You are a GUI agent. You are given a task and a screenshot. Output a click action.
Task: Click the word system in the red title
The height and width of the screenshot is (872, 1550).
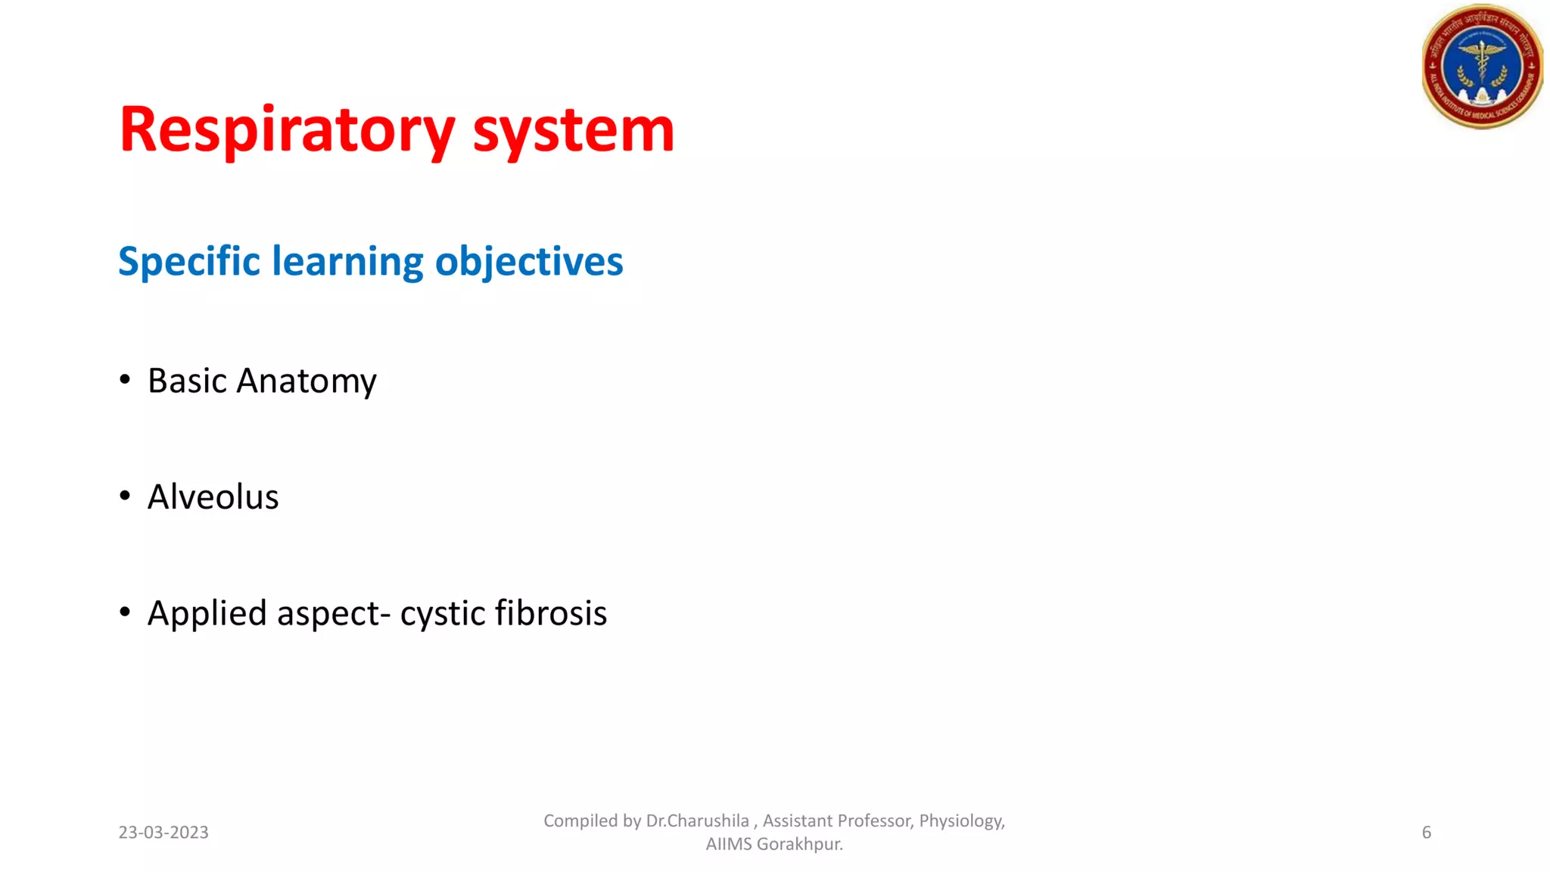tap(573, 130)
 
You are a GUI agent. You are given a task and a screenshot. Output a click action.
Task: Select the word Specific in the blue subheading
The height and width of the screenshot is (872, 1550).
tap(189, 262)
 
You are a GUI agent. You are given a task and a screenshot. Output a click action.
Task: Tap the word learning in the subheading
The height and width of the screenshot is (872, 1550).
tap(347, 262)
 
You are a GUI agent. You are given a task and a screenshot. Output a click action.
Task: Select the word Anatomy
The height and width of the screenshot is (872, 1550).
tap(307, 381)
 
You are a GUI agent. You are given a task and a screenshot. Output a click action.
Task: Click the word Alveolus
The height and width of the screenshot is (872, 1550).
tap(213, 497)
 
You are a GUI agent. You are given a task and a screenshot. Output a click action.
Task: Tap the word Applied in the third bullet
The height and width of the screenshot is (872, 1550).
tap(207, 614)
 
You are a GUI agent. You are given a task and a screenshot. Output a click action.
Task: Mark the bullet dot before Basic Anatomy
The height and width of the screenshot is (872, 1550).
tap(125, 379)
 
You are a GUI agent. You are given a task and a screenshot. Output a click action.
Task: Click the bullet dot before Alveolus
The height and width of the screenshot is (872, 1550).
tap(125, 496)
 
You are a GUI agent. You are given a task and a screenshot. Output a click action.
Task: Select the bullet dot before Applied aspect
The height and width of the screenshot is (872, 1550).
tap(125, 612)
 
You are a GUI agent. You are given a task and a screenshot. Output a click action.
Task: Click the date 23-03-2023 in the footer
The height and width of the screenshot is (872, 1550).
tap(163, 833)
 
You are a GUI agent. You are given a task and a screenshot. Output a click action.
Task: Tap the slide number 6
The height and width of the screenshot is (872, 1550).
tap(1427, 833)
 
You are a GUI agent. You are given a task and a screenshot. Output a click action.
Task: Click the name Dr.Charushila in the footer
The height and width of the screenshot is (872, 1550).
tap(697, 821)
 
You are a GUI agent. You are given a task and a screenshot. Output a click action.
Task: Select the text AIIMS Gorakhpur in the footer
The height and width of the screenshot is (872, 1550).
tap(773, 844)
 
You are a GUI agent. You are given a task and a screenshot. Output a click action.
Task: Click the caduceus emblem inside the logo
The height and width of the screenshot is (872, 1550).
tap(1482, 65)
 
